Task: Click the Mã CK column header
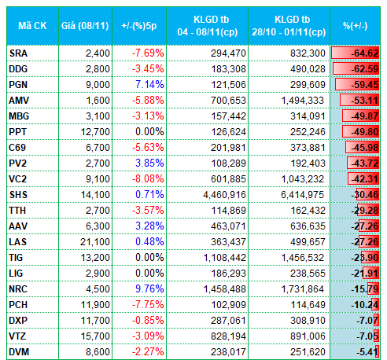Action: click(x=32, y=26)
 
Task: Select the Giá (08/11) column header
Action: click(x=85, y=26)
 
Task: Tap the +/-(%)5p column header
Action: click(x=139, y=26)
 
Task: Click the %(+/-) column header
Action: click(x=356, y=26)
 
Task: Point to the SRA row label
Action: click(x=18, y=53)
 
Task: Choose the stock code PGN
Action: click(x=18, y=85)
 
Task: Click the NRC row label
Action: click(x=18, y=289)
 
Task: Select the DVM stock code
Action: click(x=19, y=352)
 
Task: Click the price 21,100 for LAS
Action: click(x=95, y=242)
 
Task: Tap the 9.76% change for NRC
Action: click(x=149, y=288)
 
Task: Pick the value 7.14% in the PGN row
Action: click(x=149, y=84)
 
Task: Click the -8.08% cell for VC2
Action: click(x=148, y=178)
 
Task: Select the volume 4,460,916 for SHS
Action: click(x=224, y=195)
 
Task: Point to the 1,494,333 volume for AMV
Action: click(x=303, y=101)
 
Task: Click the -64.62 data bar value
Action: click(x=365, y=53)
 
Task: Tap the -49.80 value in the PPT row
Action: click(x=365, y=132)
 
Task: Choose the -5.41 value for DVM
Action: click(x=367, y=352)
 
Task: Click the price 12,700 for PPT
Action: click(x=95, y=132)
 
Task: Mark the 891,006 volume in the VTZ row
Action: click(x=308, y=336)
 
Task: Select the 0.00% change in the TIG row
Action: click(x=149, y=258)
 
